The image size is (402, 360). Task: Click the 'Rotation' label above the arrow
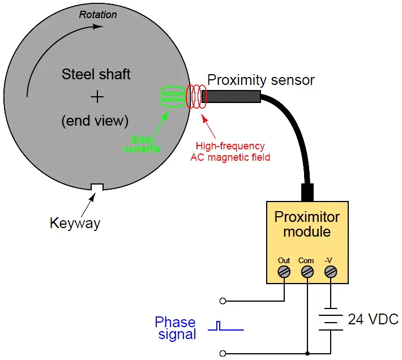pyautogui.click(x=97, y=15)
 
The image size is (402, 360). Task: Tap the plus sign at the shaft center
pyautogui.click(x=98, y=97)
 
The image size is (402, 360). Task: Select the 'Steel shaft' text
pyautogui.click(x=96, y=74)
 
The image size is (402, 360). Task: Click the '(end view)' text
pyautogui.click(x=96, y=120)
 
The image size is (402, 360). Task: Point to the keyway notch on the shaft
pyautogui.click(x=97, y=187)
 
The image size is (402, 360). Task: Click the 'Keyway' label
pyautogui.click(x=75, y=223)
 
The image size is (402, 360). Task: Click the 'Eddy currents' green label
pyautogui.click(x=142, y=144)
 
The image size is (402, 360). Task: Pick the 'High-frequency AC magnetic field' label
pyautogui.click(x=230, y=152)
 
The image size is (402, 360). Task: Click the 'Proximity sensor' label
pyautogui.click(x=260, y=80)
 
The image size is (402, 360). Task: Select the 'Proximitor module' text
pyautogui.click(x=307, y=224)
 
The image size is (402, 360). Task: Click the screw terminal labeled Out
pyautogui.click(x=284, y=272)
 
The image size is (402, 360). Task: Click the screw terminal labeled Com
pyautogui.click(x=307, y=272)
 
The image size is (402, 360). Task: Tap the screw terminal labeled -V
pyautogui.click(x=330, y=272)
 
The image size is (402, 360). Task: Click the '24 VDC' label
pyautogui.click(x=374, y=319)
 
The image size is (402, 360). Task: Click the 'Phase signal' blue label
pyautogui.click(x=176, y=328)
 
